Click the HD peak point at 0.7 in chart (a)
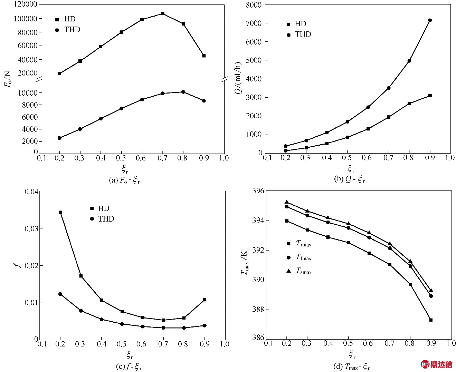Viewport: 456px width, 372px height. [163, 13]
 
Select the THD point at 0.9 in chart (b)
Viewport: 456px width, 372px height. [430, 20]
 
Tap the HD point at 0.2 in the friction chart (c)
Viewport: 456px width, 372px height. [60, 212]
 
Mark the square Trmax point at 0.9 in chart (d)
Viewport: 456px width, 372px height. [431, 320]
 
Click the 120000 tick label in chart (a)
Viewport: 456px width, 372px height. [25, 4]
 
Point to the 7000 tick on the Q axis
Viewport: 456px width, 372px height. [254, 23]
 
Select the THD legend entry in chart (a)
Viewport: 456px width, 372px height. [68, 30]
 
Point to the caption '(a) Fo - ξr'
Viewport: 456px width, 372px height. [124, 180]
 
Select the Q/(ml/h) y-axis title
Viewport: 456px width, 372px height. [239, 78]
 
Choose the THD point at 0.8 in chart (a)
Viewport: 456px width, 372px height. [183, 92]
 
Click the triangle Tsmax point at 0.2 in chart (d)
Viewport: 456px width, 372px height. [286, 202]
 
